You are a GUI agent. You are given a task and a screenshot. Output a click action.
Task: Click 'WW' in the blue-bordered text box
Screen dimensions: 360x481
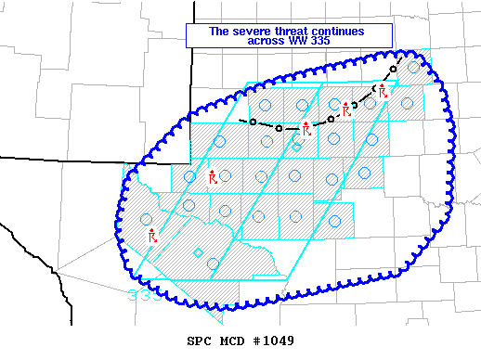click(x=297, y=42)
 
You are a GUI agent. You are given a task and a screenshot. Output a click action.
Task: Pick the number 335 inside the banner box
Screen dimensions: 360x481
click(x=320, y=42)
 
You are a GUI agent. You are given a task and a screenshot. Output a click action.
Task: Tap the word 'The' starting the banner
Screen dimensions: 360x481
click(x=218, y=31)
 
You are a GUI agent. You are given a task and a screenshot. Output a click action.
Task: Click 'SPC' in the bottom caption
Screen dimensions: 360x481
click(x=200, y=341)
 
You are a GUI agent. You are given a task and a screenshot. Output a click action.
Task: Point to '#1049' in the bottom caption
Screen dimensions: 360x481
click(x=274, y=341)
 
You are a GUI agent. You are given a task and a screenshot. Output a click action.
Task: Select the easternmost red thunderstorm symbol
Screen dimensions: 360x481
click(x=383, y=90)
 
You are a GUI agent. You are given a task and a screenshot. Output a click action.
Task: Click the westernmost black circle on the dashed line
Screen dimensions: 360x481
click(x=252, y=122)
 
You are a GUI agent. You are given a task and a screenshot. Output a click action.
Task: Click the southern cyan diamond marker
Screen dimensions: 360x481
click(x=198, y=253)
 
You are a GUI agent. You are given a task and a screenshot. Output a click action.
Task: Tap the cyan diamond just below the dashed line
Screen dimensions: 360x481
click(x=296, y=146)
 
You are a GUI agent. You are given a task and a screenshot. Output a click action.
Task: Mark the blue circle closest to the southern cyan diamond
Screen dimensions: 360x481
click(x=213, y=264)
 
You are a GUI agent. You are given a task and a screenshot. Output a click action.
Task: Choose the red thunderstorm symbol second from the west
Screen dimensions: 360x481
click(x=213, y=175)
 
